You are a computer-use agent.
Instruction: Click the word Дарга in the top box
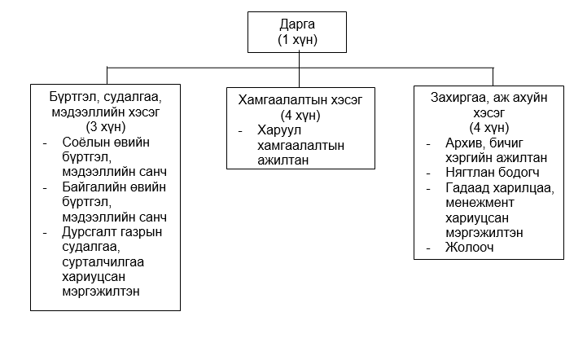click(297, 24)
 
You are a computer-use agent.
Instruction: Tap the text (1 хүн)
click(297, 39)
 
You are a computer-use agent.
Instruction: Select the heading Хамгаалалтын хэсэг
click(300, 100)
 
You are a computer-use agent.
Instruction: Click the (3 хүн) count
click(106, 127)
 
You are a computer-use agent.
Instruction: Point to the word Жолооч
click(470, 248)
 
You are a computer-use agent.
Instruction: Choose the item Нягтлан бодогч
click(493, 173)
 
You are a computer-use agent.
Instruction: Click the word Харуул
click(279, 130)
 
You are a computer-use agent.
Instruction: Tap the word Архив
click(465, 143)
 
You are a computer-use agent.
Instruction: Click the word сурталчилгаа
click(103, 261)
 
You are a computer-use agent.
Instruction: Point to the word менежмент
click(480, 203)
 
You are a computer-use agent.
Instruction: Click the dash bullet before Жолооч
click(428, 248)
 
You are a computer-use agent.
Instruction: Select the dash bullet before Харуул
click(240, 131)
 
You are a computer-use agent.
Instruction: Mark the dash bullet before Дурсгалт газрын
click(45, 233)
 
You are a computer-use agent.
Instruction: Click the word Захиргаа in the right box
click(458, 98)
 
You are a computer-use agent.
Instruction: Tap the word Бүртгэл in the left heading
click(73, 98)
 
